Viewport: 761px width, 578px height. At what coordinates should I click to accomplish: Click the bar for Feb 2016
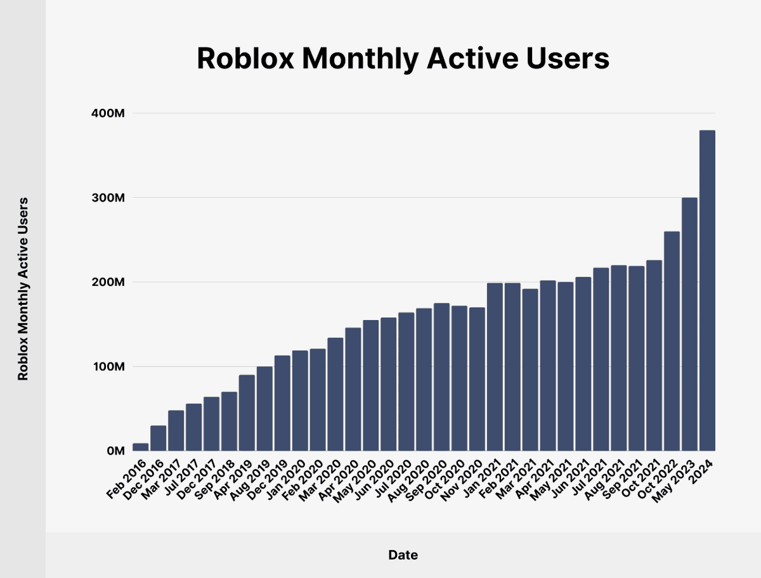point(140,447)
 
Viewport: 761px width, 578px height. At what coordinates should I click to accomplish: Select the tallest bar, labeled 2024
point(707,292)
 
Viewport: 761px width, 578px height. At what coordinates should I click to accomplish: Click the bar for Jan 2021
point(495,368)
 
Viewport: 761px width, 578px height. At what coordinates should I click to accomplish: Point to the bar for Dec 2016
point(158,438)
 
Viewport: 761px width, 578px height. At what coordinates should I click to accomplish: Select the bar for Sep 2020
point(441,377)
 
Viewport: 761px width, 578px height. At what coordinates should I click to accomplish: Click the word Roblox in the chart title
point(244,59)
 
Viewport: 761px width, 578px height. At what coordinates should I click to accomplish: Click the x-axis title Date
point(403,555)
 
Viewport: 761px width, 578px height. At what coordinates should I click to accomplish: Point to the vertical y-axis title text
point(23,288)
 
